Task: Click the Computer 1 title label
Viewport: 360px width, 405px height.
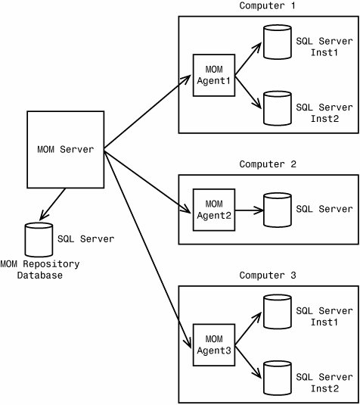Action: coord(268,6)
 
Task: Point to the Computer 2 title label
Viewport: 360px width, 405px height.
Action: coord(268,164)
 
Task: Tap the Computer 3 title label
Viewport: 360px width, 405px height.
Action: coord(268,276)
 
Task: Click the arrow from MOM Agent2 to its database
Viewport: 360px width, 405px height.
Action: coord(249,210)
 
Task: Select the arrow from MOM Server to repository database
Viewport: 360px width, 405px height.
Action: coord(52,204)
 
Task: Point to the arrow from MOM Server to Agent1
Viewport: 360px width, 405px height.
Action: coord(147,112)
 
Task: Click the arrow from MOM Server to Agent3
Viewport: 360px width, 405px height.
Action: coord(147,249)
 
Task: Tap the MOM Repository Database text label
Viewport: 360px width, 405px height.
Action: coord(40,270)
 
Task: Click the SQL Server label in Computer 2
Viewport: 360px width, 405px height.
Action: coord(324,209)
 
